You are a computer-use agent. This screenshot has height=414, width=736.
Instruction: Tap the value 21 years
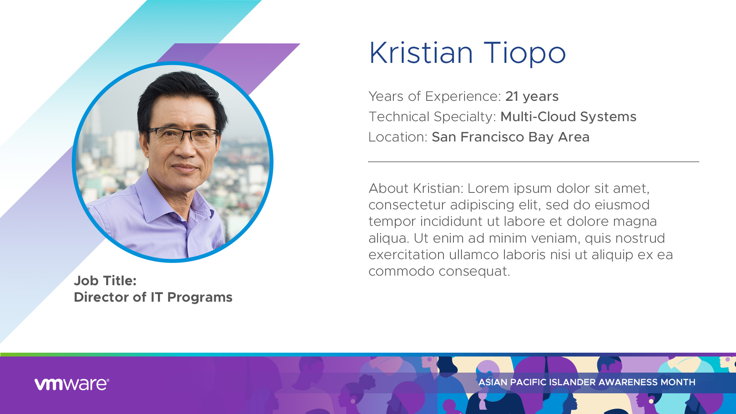pos(532,97)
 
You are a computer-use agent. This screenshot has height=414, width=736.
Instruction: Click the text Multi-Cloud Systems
pos(568,117)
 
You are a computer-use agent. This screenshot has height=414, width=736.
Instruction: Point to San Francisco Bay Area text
pos(510,137)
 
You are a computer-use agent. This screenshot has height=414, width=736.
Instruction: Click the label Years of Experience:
pos(435,97)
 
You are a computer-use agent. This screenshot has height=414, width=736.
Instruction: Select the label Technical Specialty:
pos(432,117)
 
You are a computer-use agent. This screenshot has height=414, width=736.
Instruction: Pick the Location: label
pos(398,137)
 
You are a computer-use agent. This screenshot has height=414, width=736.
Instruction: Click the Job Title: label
pos(105,281)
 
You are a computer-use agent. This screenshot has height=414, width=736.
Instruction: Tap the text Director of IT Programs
pos(153,297)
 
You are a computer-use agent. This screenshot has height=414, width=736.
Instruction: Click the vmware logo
pos(72,384)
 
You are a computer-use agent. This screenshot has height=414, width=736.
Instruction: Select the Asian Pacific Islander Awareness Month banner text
pos(587,382)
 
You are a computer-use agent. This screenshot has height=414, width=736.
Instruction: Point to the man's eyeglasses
pos(183,136)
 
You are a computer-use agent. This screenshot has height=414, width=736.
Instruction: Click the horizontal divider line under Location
pos(534,162)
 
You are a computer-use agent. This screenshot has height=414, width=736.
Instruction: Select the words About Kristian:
pos(416,188)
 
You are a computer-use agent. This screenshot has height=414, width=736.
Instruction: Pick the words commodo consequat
pos(439,271)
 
